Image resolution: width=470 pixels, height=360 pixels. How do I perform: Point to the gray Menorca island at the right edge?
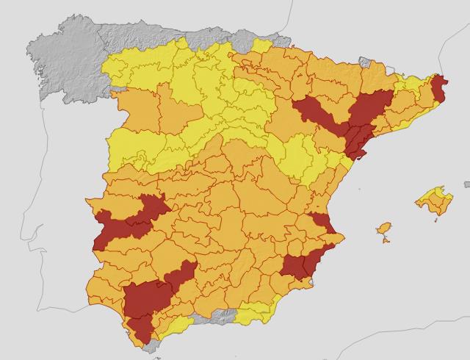(x=466, y=184)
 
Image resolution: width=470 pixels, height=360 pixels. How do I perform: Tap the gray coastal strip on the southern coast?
(x=213, y=317)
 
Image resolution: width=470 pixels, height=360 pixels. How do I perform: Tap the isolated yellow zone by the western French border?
(x=261, y=46)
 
